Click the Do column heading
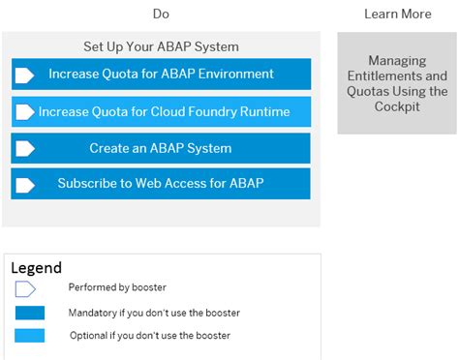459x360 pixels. tap(161, 14)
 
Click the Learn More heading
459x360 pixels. tap(397, 14)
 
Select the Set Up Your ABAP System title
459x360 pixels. tap(161, 45)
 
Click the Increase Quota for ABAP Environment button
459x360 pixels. tap(161, 74)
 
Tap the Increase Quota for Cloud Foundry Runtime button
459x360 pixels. tap(161, 111)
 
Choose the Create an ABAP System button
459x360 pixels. tap(161, 148)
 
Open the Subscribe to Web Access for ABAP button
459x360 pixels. tap(161, 183)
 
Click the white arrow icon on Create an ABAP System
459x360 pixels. tap(25, 149)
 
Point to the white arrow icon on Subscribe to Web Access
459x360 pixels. tap(25, 184)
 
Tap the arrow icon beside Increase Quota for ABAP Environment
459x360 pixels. tap(25, 75)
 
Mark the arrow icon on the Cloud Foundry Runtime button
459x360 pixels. tap(25, 112)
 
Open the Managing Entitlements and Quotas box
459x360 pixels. tap(397, 83)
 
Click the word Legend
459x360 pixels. tap(36, 267)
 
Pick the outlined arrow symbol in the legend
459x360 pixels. tap(25, 288)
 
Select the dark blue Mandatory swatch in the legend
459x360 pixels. tap(30, 313)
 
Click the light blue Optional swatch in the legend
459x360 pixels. tap(30, 335)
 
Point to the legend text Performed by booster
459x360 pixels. tap(117, 287)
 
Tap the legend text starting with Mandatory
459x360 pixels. tap(154, 313)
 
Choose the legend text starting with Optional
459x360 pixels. tap(149, 335)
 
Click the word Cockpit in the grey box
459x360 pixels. tap(397, 106)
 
